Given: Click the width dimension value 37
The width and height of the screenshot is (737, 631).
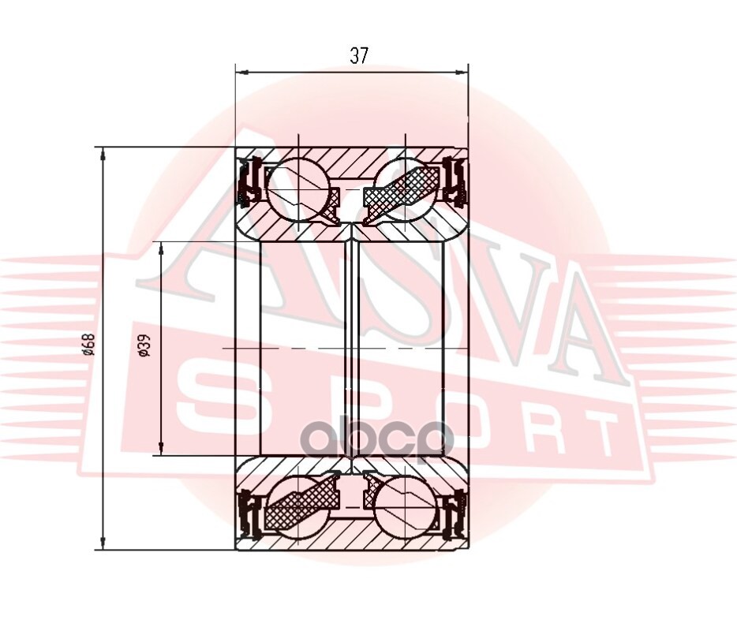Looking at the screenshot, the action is pos(358,56).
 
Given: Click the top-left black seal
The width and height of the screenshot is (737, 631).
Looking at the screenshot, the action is pos(249,182).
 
